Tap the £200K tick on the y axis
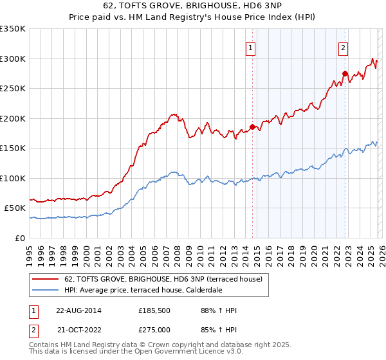[13, 118]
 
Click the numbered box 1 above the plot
[250, 47]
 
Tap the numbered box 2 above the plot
[344, 47]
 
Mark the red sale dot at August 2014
[252, 127]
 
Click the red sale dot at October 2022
[345, 73]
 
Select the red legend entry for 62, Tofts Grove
[163, 280]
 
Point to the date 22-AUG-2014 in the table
[78, 310]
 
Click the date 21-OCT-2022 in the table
[78, 330]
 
